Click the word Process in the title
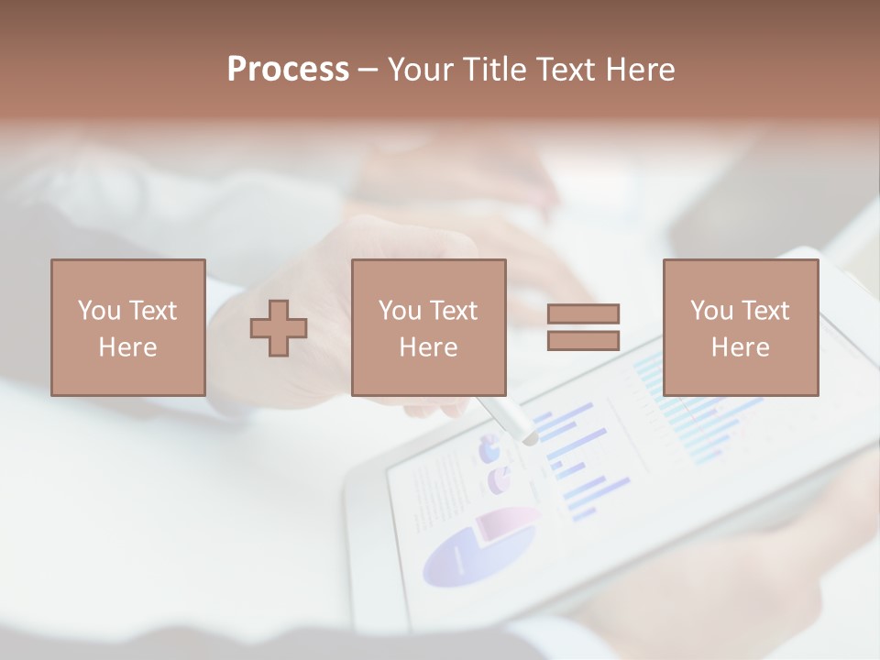(288, 70)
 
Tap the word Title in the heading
(494, 70)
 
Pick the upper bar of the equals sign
(583, 313)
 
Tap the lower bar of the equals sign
(583, 340)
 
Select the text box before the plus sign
(127, 327)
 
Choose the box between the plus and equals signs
(428, 327)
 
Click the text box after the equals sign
(740, 327)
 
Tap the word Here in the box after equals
(740, 347)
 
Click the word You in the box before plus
(99, 311)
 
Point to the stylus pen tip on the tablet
(529, 439)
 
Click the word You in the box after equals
(711, 311)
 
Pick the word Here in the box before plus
(127, 347)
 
